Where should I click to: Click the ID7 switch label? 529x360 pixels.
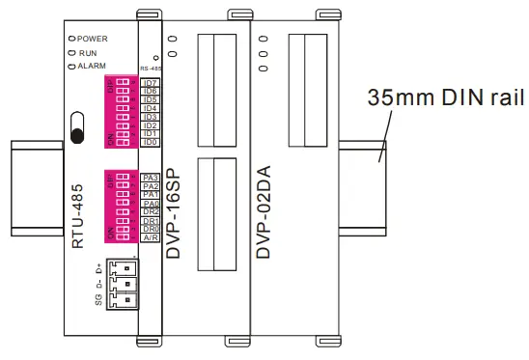[x=150, y=83]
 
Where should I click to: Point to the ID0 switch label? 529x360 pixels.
[x=150, y=142]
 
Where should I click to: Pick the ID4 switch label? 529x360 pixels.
[x=150, y=108]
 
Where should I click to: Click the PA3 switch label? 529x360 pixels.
[x=150, y=178]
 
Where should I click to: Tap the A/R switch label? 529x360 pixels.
[x=150, y=236]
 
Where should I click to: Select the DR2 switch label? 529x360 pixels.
[x=150, y=211]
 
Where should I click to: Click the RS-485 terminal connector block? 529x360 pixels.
[x=124, y=284]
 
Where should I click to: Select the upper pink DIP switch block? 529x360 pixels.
[x=119, y=112]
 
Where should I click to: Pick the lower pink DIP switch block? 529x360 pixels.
[x=119, y=207]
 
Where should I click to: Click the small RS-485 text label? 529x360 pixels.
[x=152, y=69]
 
